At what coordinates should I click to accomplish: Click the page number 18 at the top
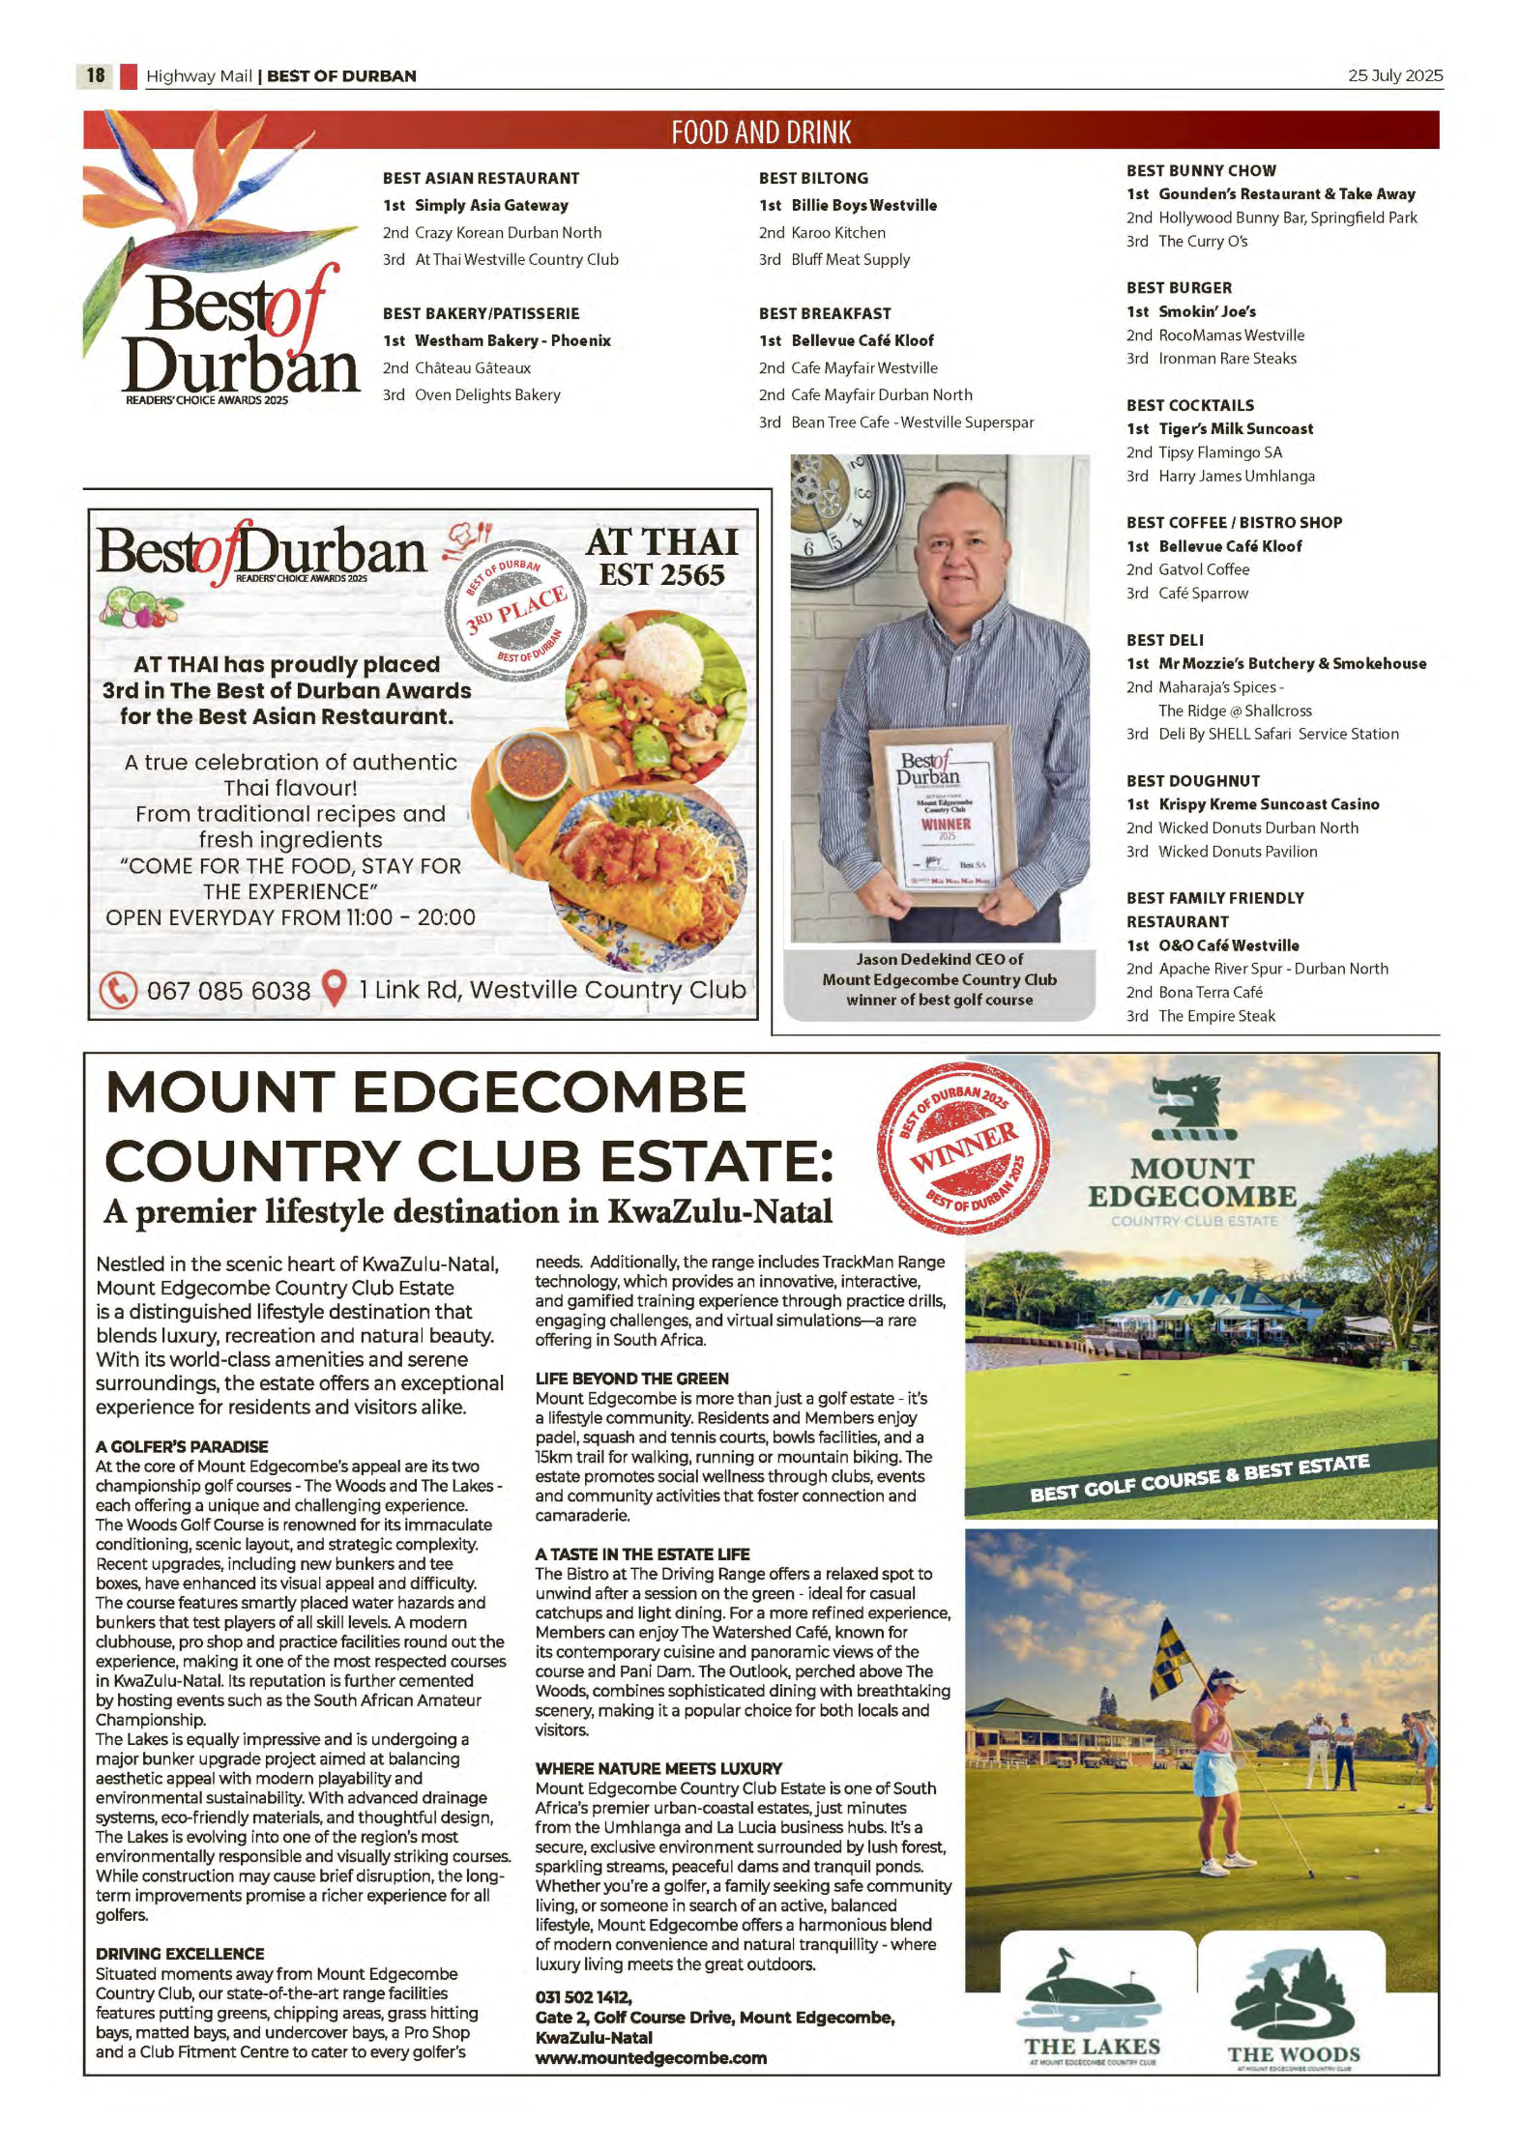tap(95, 75)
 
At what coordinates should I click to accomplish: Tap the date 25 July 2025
tap(1393, 75)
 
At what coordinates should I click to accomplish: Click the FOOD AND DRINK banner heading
tap(761, 131)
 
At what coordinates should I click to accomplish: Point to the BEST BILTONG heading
tap(813, 178)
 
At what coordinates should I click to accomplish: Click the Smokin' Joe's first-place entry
tap(1207, 311)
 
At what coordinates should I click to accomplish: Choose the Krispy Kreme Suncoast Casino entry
tap(1269, 804)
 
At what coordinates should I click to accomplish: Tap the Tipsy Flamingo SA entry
tap(1219, 452)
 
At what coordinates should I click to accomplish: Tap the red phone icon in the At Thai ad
tap(118, 990)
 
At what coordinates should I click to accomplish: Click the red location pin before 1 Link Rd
tap(334, 988)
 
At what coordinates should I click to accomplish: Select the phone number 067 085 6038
tap(228, 991)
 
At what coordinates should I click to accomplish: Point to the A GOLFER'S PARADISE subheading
tap(182, 1446)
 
